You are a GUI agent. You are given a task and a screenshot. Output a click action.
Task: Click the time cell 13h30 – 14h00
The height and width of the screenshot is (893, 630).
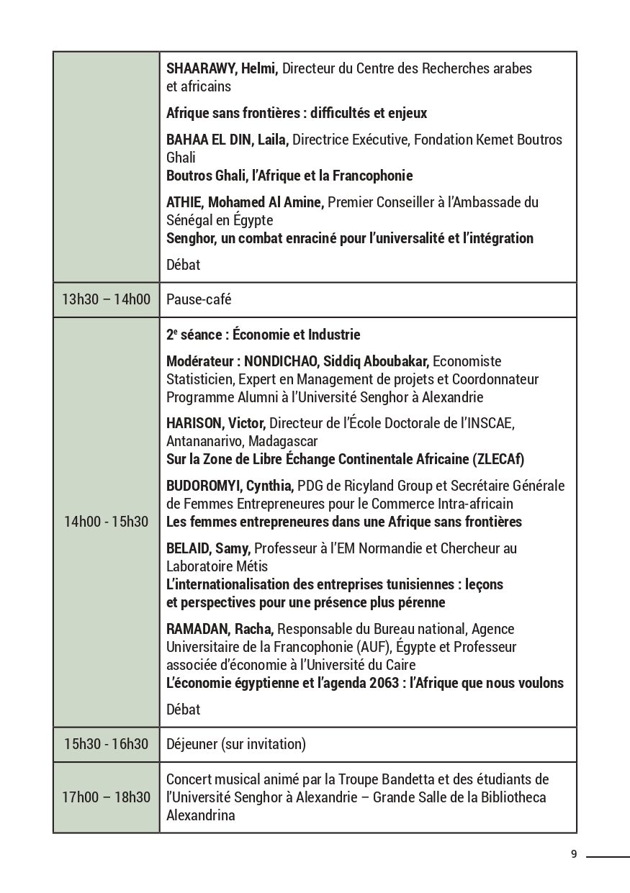(x=107, y=299)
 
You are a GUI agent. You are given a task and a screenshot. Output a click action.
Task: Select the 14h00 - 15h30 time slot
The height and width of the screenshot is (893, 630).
(x=107, y=522)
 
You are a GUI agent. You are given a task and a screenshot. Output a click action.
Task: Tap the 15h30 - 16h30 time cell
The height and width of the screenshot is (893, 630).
(x=107, y=744)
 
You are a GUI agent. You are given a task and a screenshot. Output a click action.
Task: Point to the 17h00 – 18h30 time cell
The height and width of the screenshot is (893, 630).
(x=107, y=797)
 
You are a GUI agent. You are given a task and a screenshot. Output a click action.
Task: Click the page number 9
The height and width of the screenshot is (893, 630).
(x=574, y=855)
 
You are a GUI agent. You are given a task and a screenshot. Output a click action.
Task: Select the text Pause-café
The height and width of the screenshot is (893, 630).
(x=199, y=299)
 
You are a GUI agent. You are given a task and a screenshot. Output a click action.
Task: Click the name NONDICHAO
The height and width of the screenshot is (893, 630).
(x=284, y=361)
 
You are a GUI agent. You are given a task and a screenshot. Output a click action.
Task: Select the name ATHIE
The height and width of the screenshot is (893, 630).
(x=184, y=202)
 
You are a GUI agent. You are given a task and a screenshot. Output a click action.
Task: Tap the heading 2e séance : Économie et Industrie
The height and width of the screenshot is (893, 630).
(x=263, y=335)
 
